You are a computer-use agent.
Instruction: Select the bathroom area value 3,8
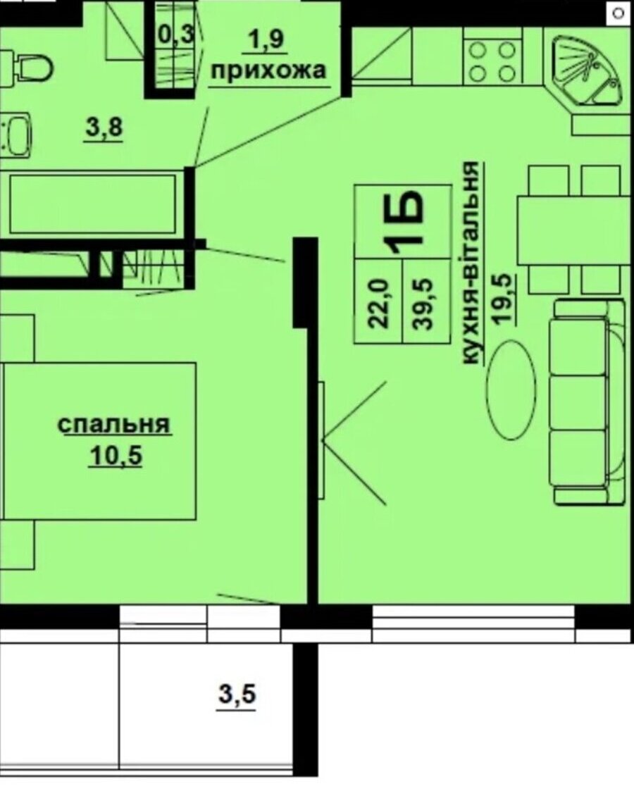pos(104,127)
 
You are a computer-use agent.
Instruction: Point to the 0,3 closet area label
pos(176,35)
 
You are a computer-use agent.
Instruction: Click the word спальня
pos(113,425)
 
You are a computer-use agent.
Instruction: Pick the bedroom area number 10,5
pos(116,455)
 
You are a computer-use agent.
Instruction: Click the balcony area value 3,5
pos(237,695)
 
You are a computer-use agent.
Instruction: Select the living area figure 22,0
pos(380,303)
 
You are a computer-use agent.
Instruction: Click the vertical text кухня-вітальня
pos(472,263)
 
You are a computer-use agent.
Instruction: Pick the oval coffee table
pos(511,390)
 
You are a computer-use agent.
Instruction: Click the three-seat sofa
pos(590,402)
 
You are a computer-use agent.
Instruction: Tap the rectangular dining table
pos(573,230)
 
